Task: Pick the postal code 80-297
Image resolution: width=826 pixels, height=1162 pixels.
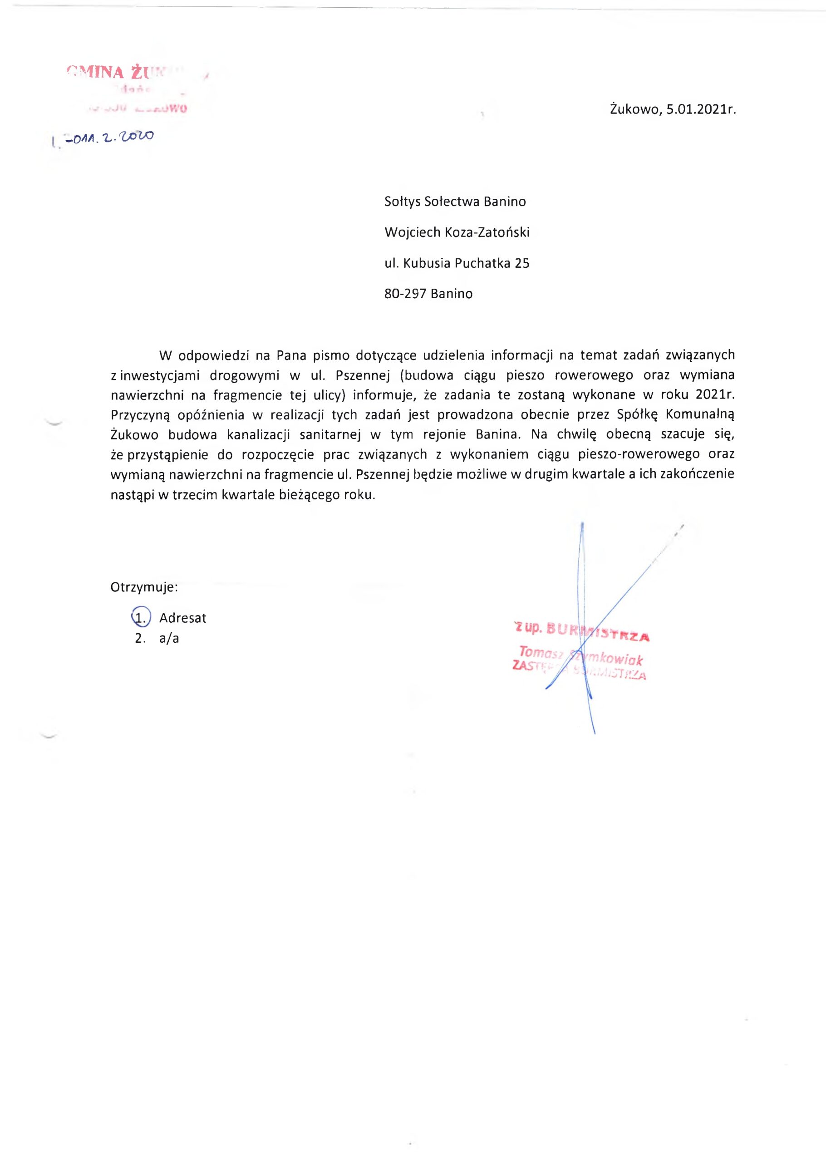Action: (405, 294)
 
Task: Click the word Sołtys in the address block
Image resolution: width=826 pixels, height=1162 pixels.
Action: (402, 202)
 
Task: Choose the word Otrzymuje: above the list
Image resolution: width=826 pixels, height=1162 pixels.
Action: (144, 587)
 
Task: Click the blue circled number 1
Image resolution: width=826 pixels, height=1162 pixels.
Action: (140, 618)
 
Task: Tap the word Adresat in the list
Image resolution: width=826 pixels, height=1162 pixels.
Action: (182, 618)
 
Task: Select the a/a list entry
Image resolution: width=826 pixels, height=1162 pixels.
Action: (169, 639)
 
